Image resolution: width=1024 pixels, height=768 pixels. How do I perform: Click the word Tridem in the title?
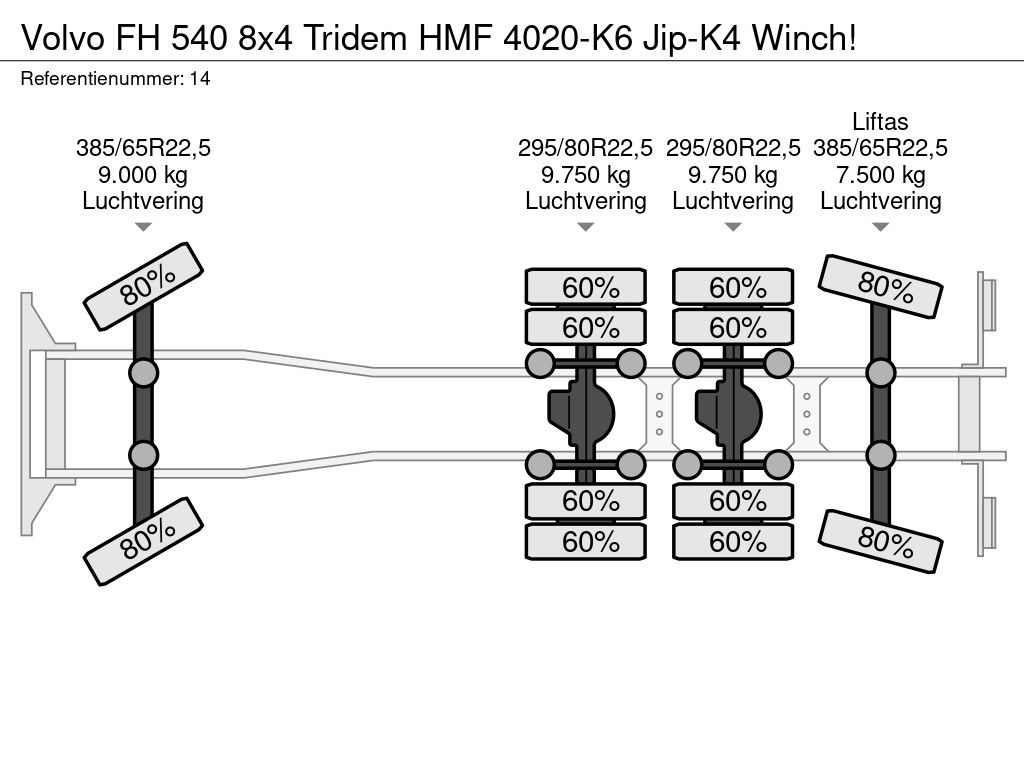(x=355, y=38)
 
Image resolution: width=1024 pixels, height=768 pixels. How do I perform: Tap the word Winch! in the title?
(x=803, y=38)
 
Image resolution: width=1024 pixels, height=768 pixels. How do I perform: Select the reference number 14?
(x=200, y=78)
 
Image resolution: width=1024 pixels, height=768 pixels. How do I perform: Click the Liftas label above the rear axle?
(x=880, y=121)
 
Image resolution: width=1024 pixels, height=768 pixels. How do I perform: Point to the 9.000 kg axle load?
(x=142, y=175)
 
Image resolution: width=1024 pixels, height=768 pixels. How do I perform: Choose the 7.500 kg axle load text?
(x=880, y=175)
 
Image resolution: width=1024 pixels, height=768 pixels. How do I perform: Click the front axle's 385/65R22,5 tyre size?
(x=143, y=148)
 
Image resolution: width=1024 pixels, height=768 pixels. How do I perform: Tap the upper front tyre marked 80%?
(x=144, y=286)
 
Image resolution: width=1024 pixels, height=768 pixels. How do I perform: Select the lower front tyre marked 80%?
(x=144, y=541)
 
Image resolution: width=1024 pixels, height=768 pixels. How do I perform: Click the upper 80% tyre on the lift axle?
(x=880, y=286)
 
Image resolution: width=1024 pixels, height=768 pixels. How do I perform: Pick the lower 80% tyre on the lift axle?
(x=880, y=541)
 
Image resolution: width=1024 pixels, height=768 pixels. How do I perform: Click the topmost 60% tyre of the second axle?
(x=586, y=287)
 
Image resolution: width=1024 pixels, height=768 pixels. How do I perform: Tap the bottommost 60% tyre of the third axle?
(x=733, y=541)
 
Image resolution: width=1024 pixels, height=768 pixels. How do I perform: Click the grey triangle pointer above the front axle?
(x=143, y=227)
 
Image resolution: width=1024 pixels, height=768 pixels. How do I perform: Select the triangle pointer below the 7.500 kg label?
(x=880, y=227)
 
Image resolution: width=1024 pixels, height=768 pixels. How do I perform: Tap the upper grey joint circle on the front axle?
(x=144, y=374)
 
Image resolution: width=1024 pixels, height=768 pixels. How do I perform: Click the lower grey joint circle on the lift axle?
(x=880, y=455)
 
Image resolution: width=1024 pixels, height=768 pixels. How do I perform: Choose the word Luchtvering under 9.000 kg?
(x=143, y=201)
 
